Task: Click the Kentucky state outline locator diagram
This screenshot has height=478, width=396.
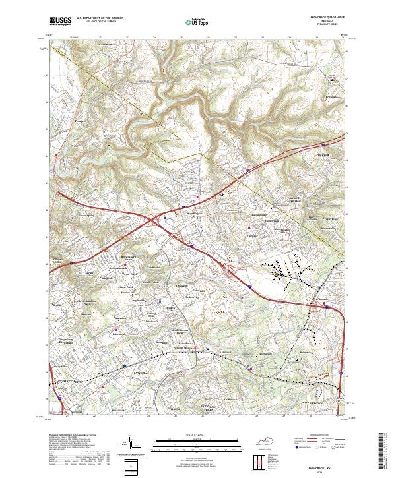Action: pos(265,439)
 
